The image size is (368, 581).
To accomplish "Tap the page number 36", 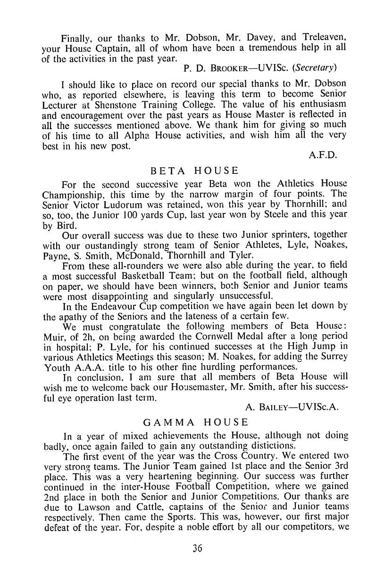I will point(197,548).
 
